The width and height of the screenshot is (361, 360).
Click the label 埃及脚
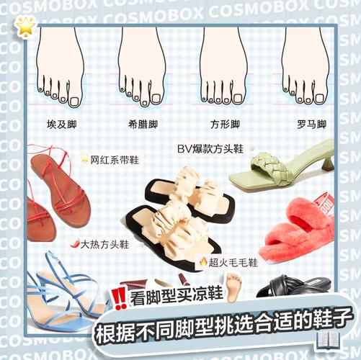[x=61, y=125]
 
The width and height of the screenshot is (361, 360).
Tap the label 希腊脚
[x=143, y=125]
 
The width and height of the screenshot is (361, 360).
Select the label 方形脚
[x=225, y=125]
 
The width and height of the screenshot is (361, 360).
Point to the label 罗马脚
[x=311, y=125]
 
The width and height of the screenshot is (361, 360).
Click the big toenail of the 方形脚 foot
[x=238, y=98]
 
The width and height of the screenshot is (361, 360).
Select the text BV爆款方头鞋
[x=210, y=149]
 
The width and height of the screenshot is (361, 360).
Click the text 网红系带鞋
[x=115, y=160]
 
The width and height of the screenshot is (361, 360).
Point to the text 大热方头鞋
[x=104, y=245]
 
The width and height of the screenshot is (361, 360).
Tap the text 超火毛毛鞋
[x=233, y=262]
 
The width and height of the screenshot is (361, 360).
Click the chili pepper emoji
[x=75, y=243]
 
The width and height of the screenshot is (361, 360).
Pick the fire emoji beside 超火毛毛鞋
[x=203, y=261]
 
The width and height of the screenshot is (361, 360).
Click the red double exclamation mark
[x=120, y=299]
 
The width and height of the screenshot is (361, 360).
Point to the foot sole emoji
[x=233, y=287]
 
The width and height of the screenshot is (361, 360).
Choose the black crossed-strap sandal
[x=294, y=286]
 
